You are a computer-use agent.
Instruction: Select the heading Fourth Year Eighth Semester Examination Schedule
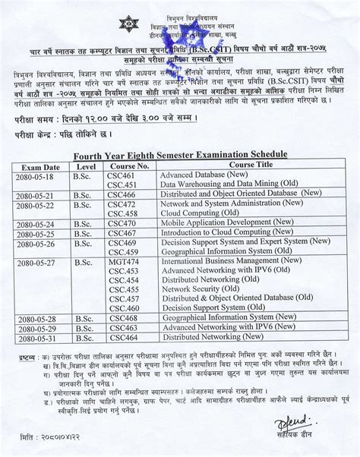click(180, 154)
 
